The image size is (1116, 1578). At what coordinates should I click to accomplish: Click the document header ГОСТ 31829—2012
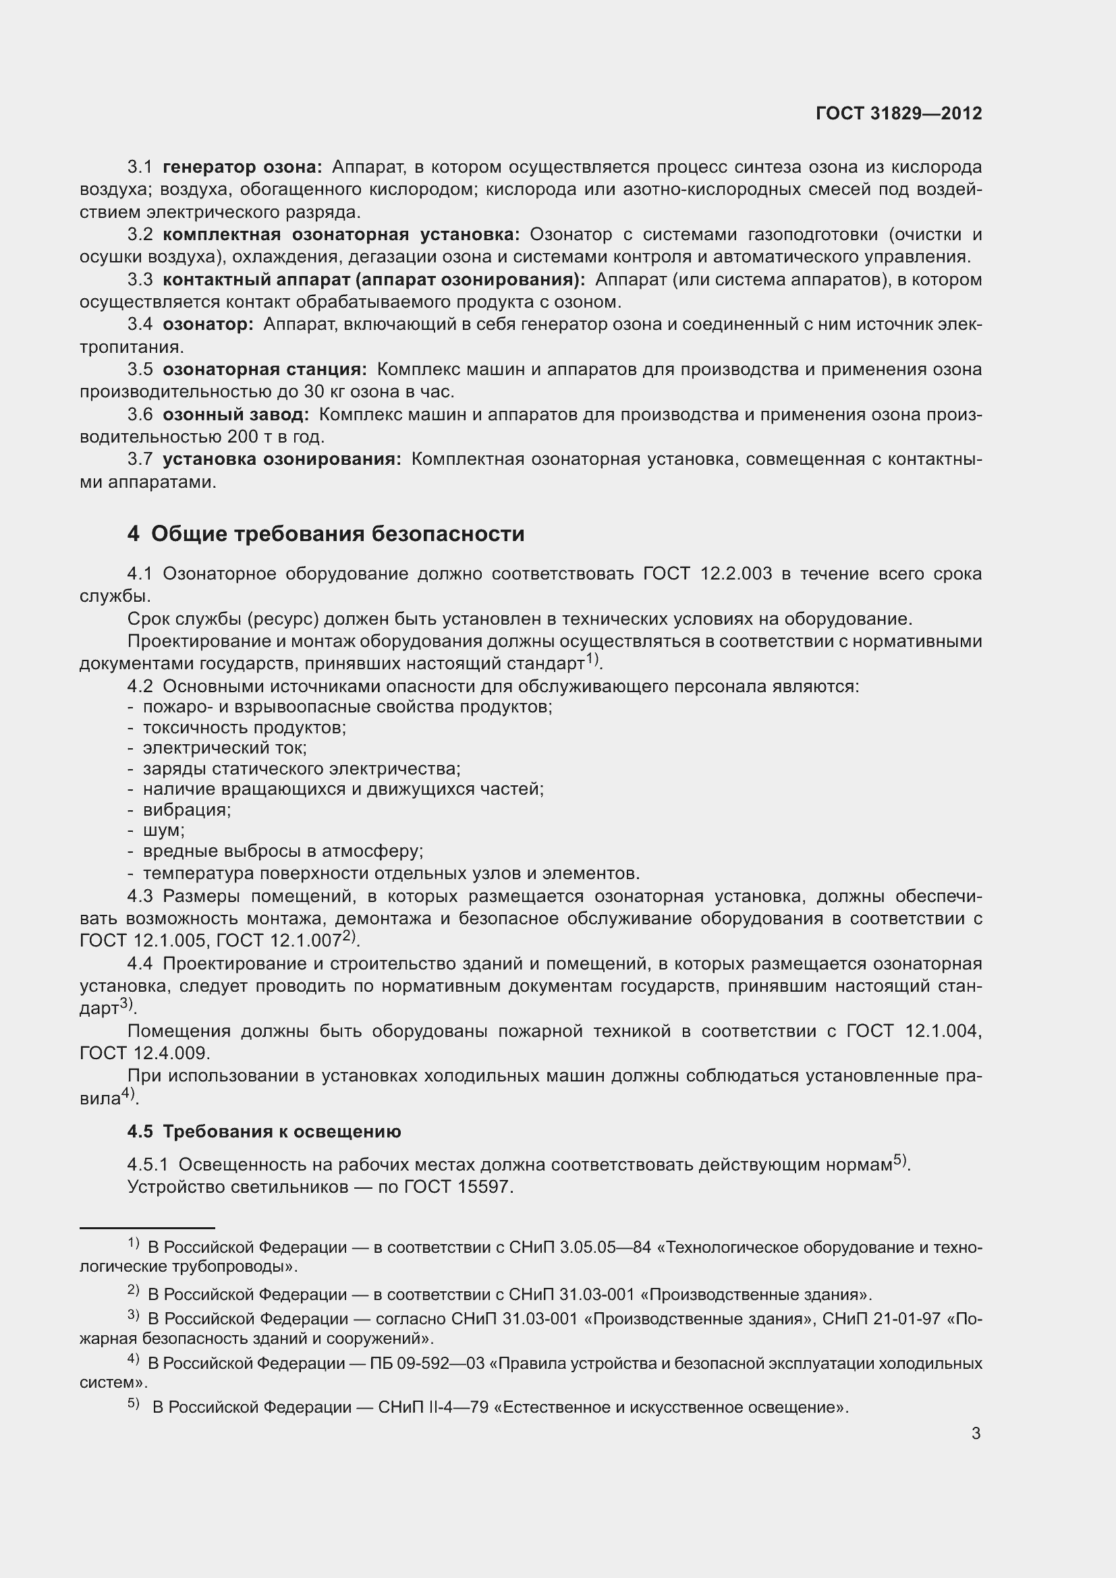point(898,113)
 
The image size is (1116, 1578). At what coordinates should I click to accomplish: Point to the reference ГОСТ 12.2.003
point(707,573)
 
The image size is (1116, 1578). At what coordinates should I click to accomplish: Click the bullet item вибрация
point(186,810)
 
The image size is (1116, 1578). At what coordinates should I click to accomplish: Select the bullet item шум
point(163,830)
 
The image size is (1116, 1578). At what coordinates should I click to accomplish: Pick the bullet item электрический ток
point(225,748)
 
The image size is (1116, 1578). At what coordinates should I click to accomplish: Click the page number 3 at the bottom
point(976,1433)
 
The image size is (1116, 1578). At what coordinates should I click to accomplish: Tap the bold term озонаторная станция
point(264,370)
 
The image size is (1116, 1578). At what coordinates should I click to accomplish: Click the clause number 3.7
point(140,459)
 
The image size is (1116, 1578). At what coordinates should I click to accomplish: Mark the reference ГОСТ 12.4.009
point(144,1053)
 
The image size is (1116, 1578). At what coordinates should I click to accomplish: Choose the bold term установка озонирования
point(282,459)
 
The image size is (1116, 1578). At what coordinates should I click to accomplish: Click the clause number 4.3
point(140,896)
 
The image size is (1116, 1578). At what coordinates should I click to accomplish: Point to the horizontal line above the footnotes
point(147,1227)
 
